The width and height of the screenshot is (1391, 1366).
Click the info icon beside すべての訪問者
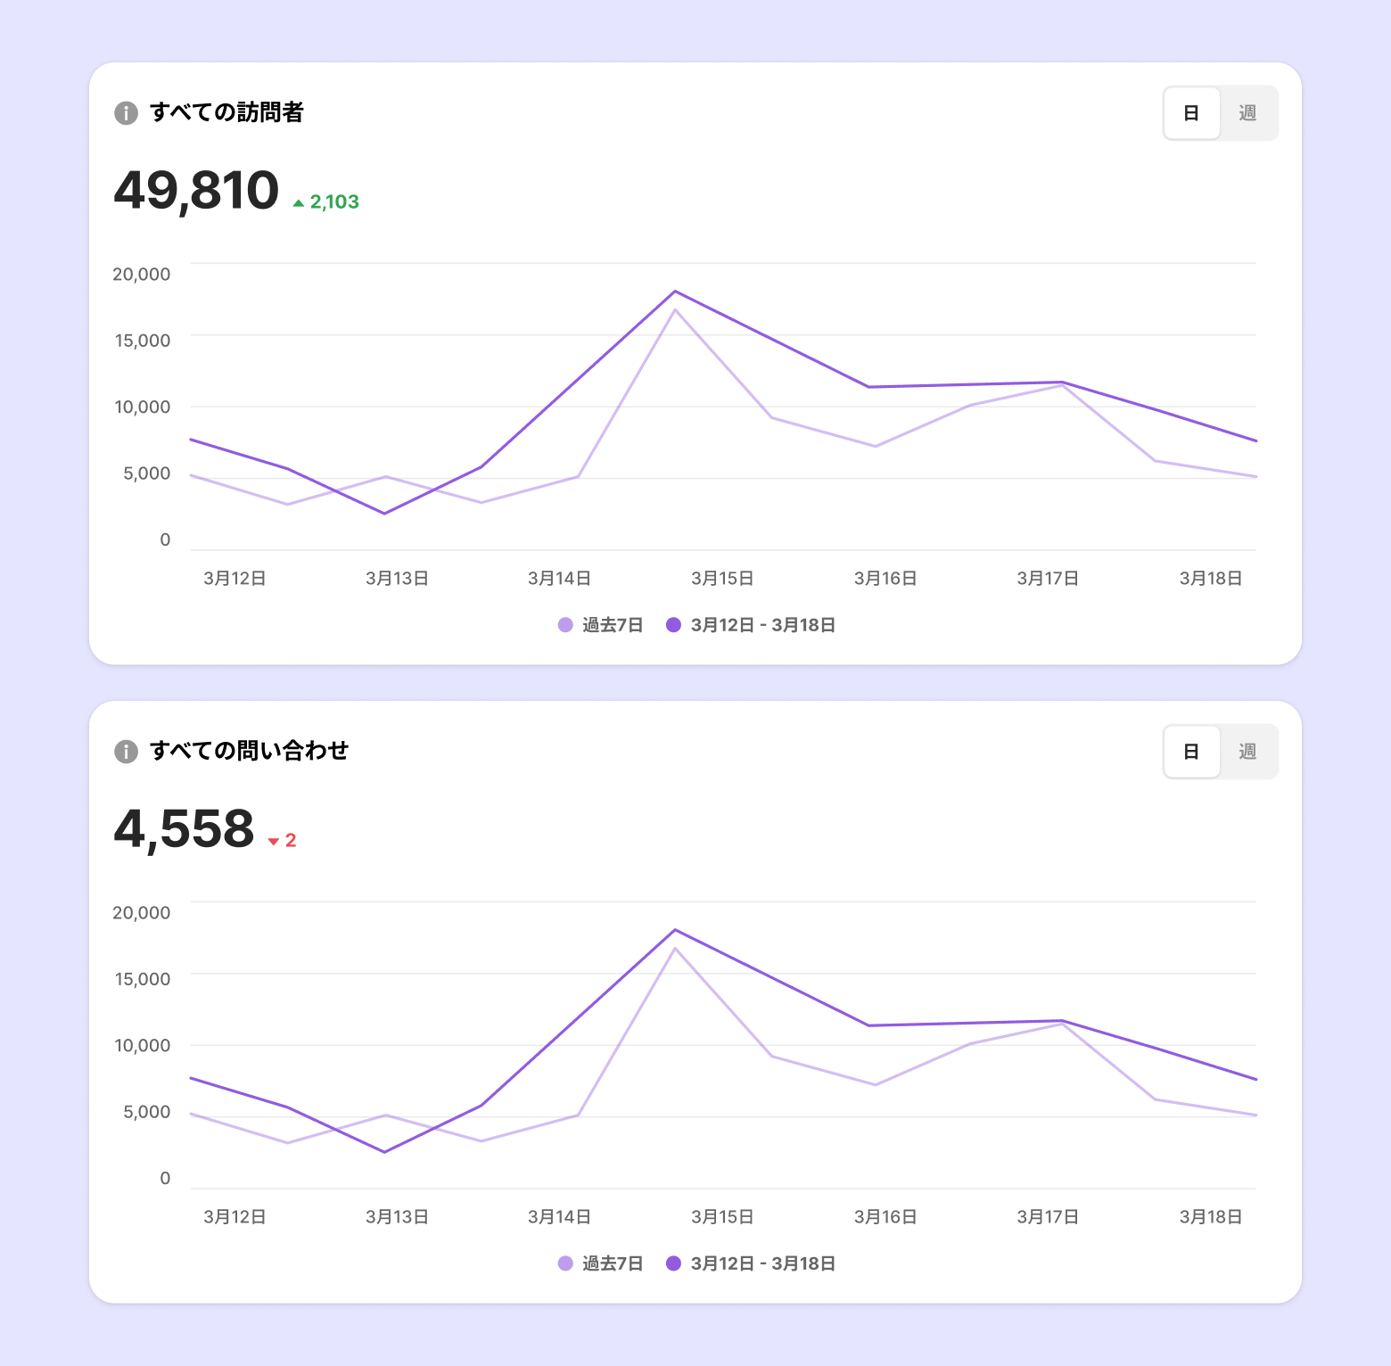click(x=126, y=113)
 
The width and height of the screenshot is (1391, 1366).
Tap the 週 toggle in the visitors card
click(x=1247, y=113)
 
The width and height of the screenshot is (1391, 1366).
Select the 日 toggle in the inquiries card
click(x=1191, y=752)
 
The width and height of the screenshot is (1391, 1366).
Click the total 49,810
click(x=196, y=191)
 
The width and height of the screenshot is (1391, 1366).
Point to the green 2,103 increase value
click(x=334, y=202)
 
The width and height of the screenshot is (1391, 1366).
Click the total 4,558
click(x=184, y=829)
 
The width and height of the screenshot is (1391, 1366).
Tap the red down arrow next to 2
click(x=274, y=842)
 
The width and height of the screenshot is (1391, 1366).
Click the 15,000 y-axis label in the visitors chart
click(x=143, y=341)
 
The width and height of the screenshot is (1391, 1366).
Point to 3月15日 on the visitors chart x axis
click(x=722, y=579)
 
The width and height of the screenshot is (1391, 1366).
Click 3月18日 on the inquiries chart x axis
click(x=1211, y=1217)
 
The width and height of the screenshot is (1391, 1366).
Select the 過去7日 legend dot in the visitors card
click(x=565, y=625)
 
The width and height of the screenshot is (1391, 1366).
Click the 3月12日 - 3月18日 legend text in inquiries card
click(x=763, y=1263)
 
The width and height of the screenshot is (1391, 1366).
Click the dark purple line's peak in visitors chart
click(x=675, y=292)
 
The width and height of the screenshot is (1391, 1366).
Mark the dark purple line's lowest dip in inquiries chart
click(x=385, y=1152)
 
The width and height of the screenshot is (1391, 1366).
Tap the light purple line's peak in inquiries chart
click(x=675, y=948)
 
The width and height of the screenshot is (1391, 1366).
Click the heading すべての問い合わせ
click(x=249, y=751)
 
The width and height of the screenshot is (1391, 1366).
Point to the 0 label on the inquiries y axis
click(x=165, y=1179)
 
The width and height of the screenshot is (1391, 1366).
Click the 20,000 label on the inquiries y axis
click(x=142, y=913)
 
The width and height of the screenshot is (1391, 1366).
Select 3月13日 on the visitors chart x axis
click(x=397, y=579)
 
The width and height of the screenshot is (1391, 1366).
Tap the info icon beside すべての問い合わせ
click(x=126, y=752)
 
